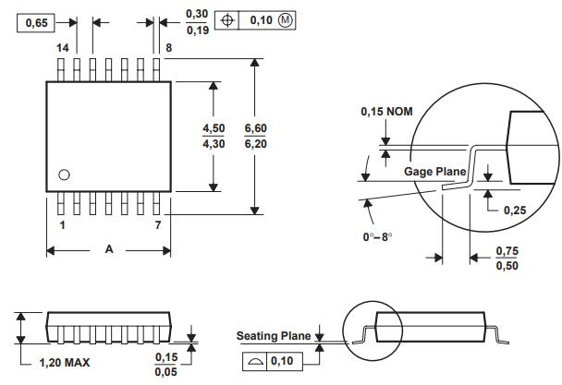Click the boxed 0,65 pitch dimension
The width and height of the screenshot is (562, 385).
tap(35, 22)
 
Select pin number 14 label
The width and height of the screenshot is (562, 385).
tap(63, 47)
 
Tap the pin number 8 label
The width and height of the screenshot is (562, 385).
tap(169, 47)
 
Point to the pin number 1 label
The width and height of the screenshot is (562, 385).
tap(63, 224)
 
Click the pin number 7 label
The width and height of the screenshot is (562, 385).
tap(158, 224)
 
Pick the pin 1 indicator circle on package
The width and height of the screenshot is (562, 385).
tap(64, 174)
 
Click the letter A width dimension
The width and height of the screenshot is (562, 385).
tap(110, 249)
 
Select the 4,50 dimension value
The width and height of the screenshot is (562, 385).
tap(214, 128)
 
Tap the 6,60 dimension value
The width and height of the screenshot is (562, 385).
tap(255, 128)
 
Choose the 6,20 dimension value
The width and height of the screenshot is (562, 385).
tap(255, 144)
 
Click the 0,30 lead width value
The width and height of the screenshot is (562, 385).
tap(197, 14)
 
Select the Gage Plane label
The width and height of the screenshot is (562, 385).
tap(433, 172)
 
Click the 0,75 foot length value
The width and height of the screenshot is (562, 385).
tap(507, 251)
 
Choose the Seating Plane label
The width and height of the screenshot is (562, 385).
tap(274, 336)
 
